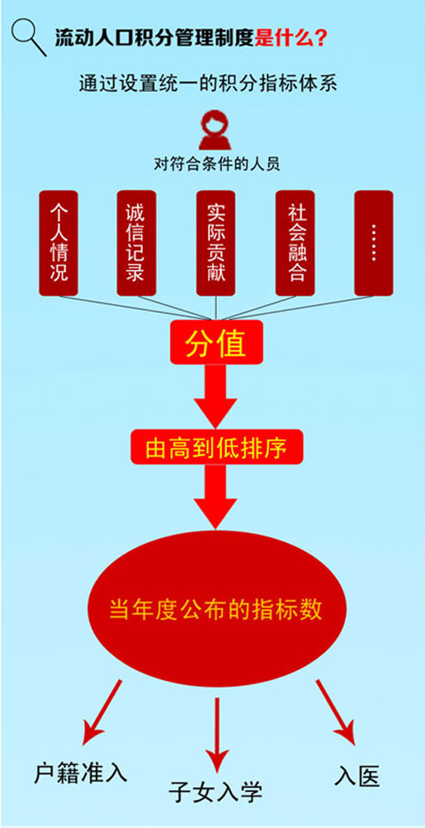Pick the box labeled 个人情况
pos(58,243)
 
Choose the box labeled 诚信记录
pos(136,243)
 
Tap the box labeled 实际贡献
pos(216,243)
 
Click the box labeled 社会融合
pos(295,243)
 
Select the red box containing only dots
pos(373,243)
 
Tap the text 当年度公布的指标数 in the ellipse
pos(216,609)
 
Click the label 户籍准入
pos(80,773)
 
